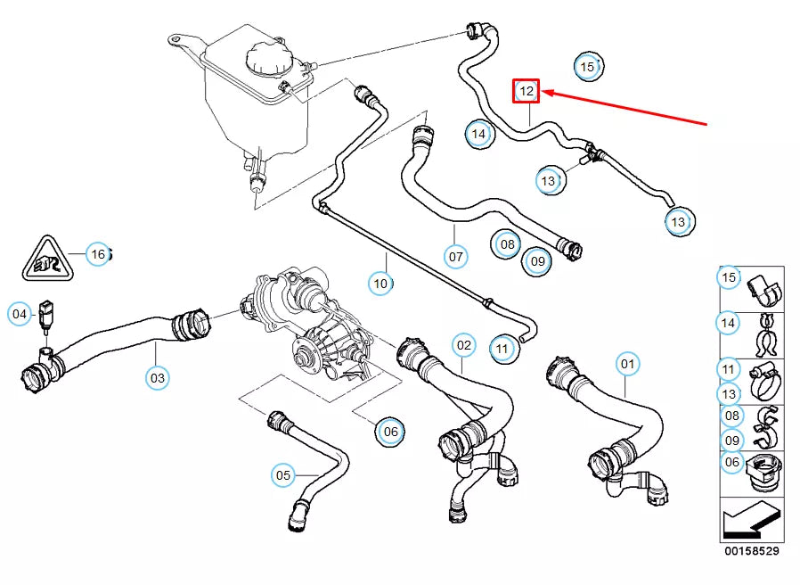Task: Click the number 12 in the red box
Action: (527, 90)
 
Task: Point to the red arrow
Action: (624, 107)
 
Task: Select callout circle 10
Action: (381, 284)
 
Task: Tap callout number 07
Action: (455, 257)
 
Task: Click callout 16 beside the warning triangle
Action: (98, 254)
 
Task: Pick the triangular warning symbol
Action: (43, 258)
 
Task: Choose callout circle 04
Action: (20, 313)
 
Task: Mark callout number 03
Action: (157, 378)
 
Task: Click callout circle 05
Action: (283, 475)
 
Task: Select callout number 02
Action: (463, 344)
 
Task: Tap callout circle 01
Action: (628, 364)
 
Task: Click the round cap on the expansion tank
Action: (267, 60)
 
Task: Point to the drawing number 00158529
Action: (751, 552)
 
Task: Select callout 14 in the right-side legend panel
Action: (729, 322)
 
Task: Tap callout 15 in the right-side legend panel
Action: (729, 278)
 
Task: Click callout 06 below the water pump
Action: (390, 432)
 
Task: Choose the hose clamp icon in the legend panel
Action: (766, 382)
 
